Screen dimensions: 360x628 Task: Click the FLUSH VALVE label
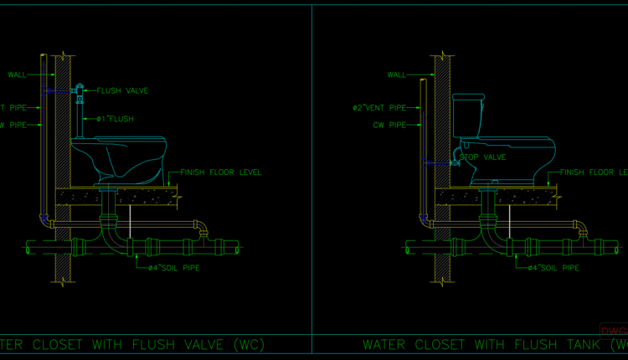click(122, 90)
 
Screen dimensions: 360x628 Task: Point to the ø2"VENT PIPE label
click(378, 107)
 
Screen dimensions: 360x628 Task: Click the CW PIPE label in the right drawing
click(389, 125)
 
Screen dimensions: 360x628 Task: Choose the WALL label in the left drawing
click(18, 75)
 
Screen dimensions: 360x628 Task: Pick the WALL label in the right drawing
click(397, 75)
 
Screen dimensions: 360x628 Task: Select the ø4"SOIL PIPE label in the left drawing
click(173, 268)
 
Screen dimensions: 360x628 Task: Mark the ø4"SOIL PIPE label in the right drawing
click(553, 268)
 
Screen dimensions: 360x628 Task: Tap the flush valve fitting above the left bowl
click(80, 91)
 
